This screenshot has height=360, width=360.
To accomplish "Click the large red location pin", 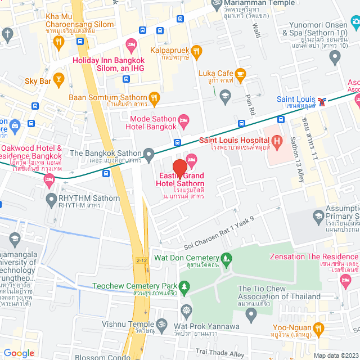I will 179,169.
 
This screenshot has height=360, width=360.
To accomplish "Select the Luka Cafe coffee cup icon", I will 240,74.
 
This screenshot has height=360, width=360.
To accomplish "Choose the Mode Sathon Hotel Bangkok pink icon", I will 182,120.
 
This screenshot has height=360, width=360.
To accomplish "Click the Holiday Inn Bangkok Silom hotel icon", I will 131,44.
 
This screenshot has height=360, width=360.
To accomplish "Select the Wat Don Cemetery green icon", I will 227,259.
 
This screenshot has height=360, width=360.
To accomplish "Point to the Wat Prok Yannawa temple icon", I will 186,310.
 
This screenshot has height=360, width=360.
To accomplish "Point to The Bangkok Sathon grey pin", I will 149,153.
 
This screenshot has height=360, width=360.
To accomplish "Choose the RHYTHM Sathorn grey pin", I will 52,198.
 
